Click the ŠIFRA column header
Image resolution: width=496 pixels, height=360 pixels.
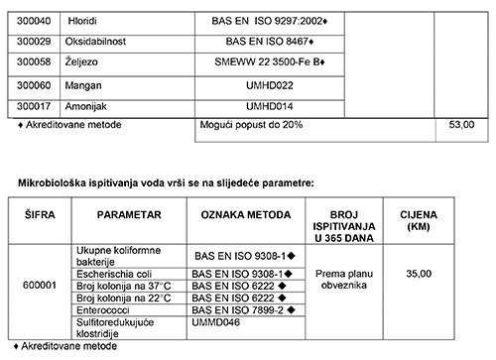coord(37,214)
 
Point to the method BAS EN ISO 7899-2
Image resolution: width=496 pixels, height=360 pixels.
coord(245,310)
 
